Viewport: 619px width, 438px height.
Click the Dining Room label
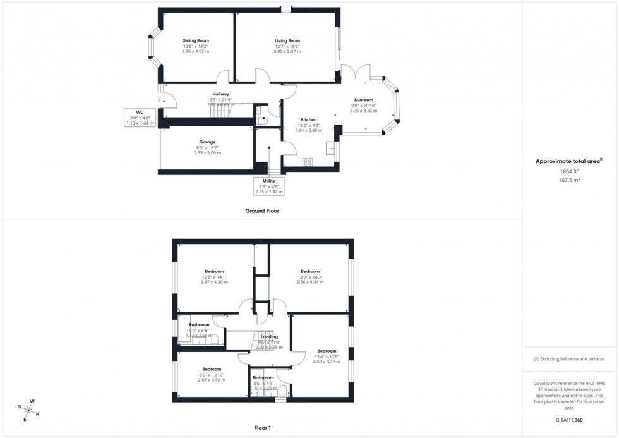(195, 40)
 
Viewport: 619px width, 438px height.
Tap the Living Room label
(287, 40)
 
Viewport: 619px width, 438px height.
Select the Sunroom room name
(363, 99)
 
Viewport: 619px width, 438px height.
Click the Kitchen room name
(308, 119)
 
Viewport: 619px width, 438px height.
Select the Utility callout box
(269, 186)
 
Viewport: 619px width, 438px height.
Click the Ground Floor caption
(263, 210)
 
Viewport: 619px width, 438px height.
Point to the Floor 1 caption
(261, 428)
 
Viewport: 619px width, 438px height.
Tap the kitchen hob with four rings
(308, 162)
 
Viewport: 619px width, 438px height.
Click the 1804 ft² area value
(570, 171)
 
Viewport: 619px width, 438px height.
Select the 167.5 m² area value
(570, 179)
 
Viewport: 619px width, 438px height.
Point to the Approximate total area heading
(570, 161)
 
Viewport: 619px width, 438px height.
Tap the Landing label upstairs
(269, 337)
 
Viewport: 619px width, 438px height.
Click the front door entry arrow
(158, 99)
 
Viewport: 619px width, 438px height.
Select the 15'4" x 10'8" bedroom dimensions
(326, 357)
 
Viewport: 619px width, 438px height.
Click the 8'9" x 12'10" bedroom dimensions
(212, 375)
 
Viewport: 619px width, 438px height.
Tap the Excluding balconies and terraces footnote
(570, 358)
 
